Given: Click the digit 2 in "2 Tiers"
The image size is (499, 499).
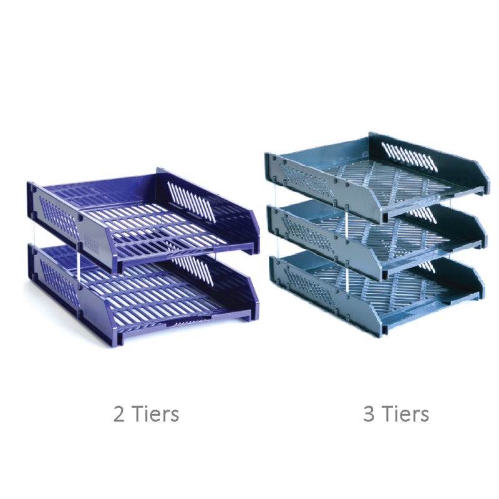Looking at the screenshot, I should coord(119,414).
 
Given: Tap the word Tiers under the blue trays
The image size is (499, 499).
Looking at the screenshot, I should coord(155,414).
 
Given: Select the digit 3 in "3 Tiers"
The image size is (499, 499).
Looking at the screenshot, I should coord(369,414).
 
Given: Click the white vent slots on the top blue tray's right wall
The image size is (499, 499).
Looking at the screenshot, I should coord(193,200).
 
